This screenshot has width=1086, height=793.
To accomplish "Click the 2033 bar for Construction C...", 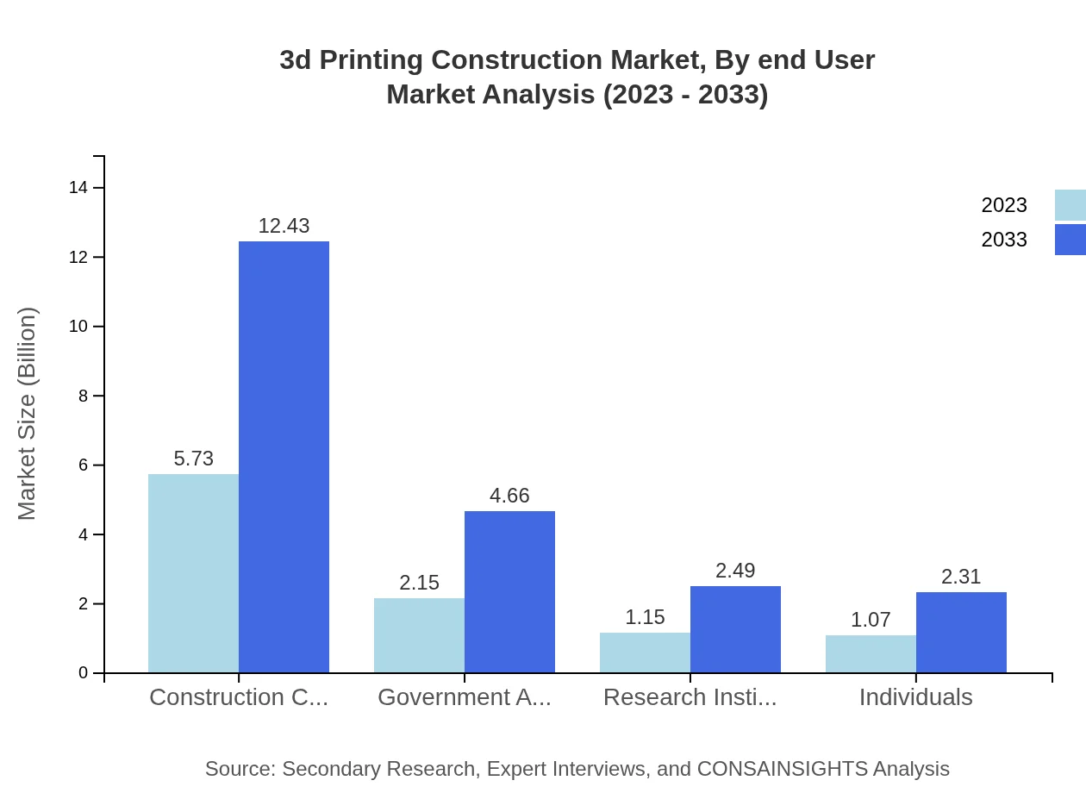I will (x=284, y=457).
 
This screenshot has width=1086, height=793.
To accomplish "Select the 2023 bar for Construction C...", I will (x=193, y=573).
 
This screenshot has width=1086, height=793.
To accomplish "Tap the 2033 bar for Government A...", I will (x=509, y=591).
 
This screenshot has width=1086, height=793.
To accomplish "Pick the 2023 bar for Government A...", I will (x=419, y=635).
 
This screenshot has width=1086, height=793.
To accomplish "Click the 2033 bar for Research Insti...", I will (x=735, y=629).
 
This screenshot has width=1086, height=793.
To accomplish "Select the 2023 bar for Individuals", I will (x=871, y=653).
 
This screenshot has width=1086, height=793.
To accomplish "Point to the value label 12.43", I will (x=284, y=226).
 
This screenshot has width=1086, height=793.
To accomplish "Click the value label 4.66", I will (x=509, y=496).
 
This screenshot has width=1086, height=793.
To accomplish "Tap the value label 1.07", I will (x=871, y=620).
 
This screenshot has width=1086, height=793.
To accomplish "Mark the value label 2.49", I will (x=735, y=571).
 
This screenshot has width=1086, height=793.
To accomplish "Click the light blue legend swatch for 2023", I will (x=1070, y=205).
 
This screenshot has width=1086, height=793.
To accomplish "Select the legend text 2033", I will (x=1004, y=240).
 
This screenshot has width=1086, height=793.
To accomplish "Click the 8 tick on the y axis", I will (x=83, y=396).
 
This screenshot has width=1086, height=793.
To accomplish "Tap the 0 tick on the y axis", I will (x=83, y=673).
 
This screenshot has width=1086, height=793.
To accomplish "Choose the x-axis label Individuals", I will (x=915, y=697).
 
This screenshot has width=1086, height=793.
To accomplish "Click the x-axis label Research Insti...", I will (x=690, y=697).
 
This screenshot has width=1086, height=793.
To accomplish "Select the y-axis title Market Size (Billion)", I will (x=27, y=414).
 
